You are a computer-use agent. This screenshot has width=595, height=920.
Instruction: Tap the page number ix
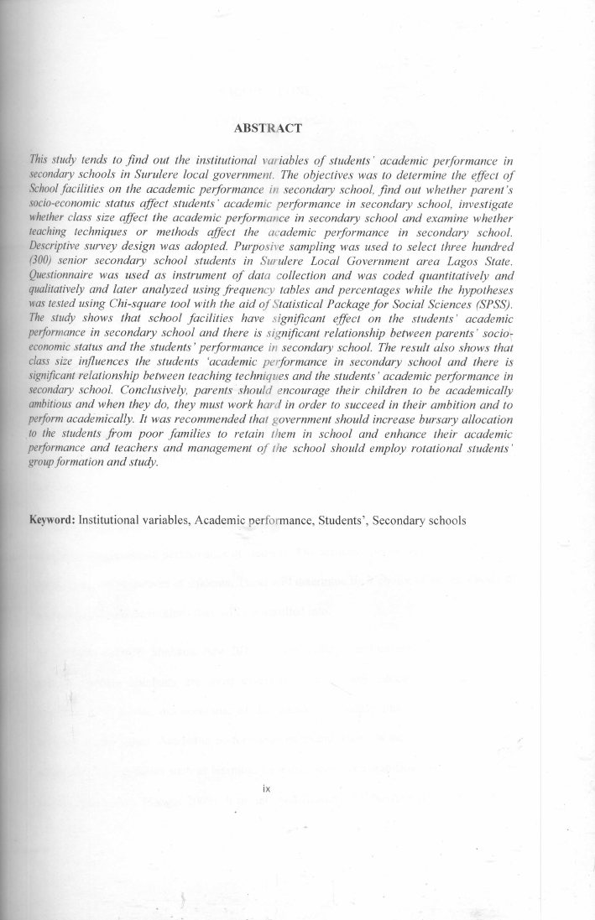(x=267, y=788)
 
